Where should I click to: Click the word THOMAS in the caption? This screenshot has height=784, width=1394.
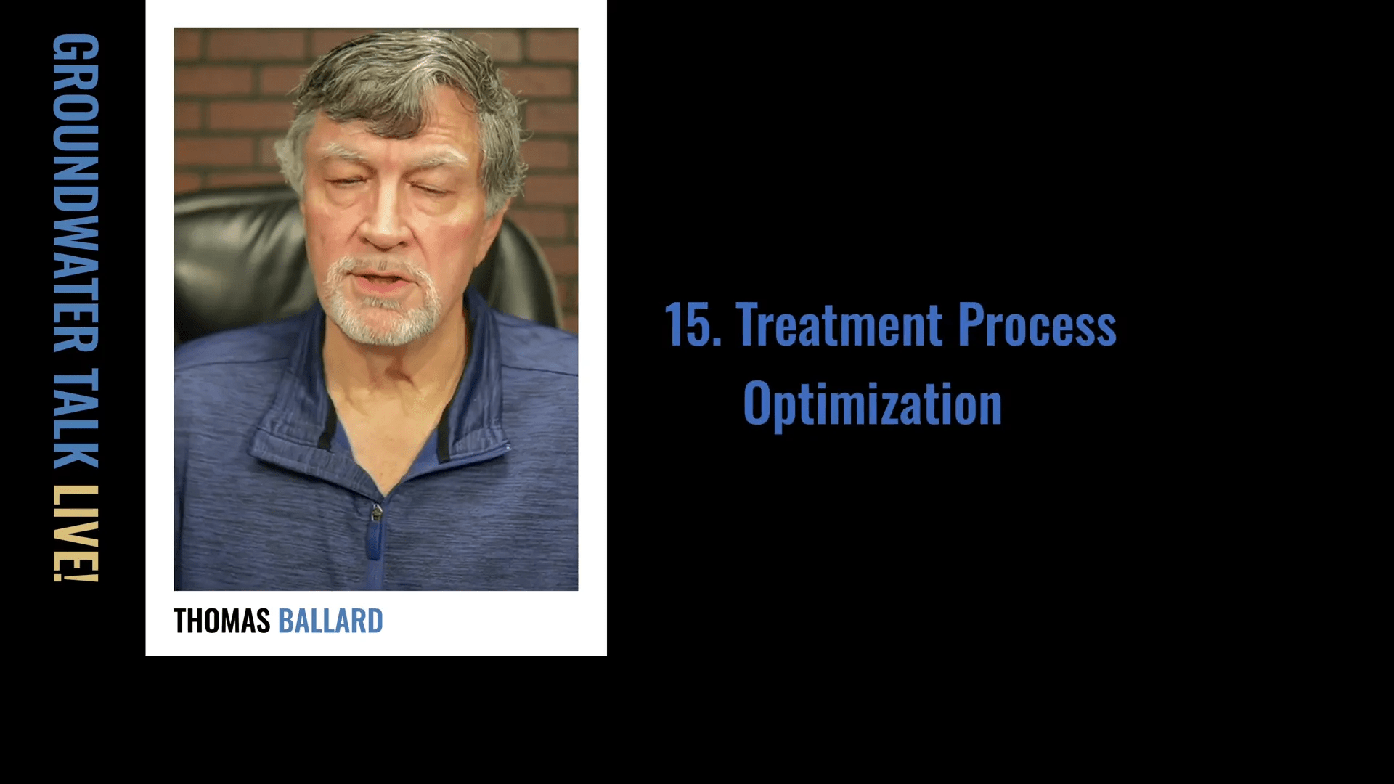[221, 621]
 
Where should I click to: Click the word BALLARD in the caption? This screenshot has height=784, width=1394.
[330, 621]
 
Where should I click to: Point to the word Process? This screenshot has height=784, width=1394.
[1037, 324]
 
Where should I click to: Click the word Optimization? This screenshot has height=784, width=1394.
[873, 405]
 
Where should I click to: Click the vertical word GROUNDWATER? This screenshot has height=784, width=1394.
[76, 193]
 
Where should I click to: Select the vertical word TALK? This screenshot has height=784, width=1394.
[76, 418]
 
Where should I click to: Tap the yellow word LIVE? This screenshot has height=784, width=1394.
[76, 534]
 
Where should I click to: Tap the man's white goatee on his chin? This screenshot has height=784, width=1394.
[381, 305]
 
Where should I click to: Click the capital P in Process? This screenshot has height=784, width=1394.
[971, 324]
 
